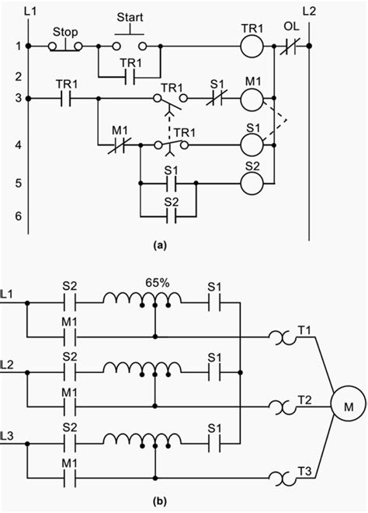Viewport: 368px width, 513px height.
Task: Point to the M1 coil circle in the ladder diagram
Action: (250, 99)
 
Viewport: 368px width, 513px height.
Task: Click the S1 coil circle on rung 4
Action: (250, 144)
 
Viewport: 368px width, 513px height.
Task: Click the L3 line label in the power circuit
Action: (9, 431)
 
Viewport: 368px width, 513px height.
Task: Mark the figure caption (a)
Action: (161, 245)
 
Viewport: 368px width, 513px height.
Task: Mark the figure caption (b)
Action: (161, 501)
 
